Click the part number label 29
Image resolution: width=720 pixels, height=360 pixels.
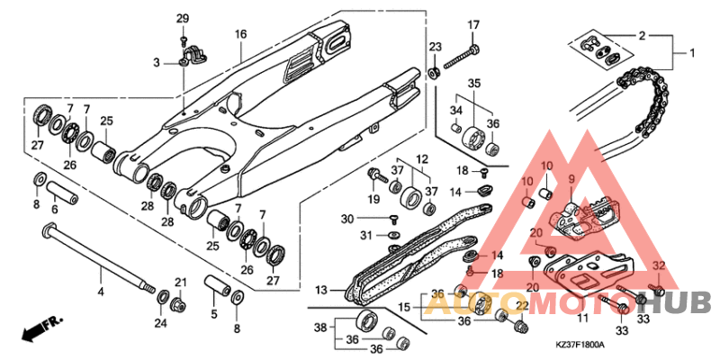(x=183, y=20)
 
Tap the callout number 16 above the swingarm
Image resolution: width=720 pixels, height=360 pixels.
(x=240, y=34)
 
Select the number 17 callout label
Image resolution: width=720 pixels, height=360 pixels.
(x=473, y=24)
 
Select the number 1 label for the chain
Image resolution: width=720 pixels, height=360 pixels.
(x=692, y=52)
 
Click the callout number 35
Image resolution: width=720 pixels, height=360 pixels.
(x=473, y=83)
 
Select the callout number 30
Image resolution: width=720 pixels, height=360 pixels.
(x=347, y=219)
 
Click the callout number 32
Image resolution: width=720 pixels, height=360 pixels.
(x=658, y=265)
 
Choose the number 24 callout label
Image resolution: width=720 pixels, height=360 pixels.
(x=159, y=323)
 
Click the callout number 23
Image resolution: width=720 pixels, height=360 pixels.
(x=434, y=47)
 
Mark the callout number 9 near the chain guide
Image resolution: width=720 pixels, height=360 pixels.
(x=570, y=180)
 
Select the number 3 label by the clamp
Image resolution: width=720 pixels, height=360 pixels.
(x=156, y=62)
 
